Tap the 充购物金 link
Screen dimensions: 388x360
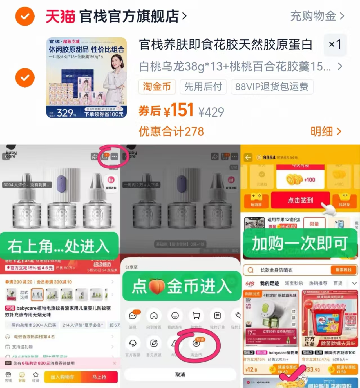click(317, 16)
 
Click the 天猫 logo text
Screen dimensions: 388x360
click(60, 16)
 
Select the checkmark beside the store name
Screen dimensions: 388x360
click(25, 16)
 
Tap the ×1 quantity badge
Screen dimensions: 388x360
click(335, 44)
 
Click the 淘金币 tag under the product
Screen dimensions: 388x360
click(157, 87)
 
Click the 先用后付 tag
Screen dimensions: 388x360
click(203, 87)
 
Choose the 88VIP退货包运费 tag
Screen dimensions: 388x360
click(272, 87)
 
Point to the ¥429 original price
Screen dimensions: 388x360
click(211, 112)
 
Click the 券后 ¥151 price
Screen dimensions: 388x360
click(166, 110)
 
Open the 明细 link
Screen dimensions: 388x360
click(326, 131)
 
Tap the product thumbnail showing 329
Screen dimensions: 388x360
click(86, 78)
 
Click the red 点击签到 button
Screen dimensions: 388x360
click(300, 200)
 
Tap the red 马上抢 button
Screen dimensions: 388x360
click(99, 377)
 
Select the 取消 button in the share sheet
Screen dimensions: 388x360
click(180, 374)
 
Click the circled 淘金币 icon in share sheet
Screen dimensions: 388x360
click(196, 344)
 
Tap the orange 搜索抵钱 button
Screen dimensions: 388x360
click(343, 270)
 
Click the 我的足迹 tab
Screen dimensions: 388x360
click(269, 283)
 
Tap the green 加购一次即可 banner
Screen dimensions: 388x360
click(300, 243)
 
